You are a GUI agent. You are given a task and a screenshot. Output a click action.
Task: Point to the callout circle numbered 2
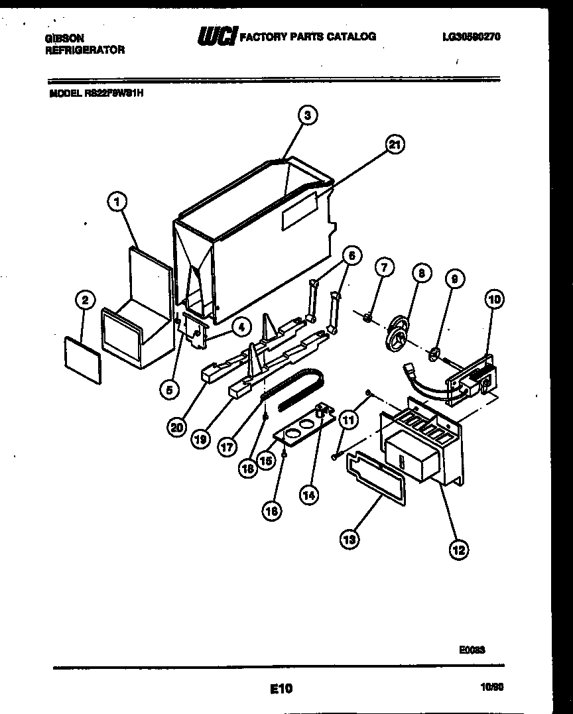pyautogui.click(x=84, y=300)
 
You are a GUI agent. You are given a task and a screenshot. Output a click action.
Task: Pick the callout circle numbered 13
pyautogui.click(x=350, y=540)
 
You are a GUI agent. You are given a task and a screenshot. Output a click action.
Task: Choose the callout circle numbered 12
pyautogui.click(x=458, y=548)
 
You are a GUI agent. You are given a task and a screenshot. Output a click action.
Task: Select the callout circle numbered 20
pyautogui.click(x=176, y=428)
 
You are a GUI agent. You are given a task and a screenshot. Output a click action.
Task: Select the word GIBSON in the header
pyautogui.click(x=64, y=38)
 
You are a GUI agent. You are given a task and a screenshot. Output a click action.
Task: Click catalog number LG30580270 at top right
pyautogui.click(x=471, y=37)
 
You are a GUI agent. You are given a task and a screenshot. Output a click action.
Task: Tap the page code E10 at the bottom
pyautogui.click(x=281, y=689)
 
